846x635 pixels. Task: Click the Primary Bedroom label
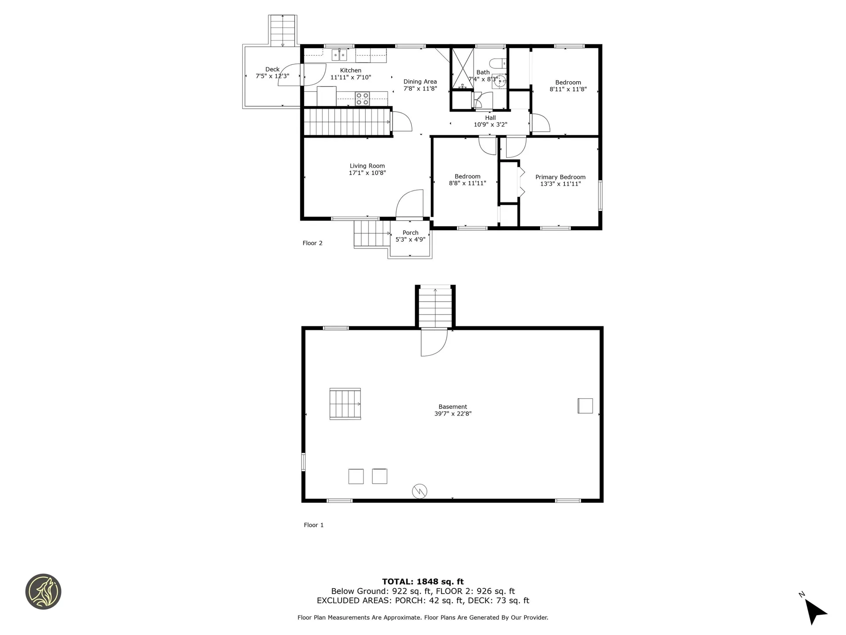(560, 177)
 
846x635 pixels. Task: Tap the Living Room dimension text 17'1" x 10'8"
(367, 173)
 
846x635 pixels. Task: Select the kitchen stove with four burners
(363, 99)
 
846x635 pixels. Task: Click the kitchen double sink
(339, 55)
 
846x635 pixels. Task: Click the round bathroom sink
(500, 81)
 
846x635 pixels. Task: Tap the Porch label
(411, 232)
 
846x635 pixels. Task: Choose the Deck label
(272, 69)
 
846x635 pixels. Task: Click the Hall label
(490, 118)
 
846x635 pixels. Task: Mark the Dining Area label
(420, 82)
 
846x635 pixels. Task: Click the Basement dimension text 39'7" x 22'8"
(453, 414)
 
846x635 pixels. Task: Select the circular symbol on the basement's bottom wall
(419, 491)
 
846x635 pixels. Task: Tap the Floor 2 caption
(312, 243)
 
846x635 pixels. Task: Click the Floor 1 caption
(314, 525)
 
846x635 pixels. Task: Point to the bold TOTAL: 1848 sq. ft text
(423, 582)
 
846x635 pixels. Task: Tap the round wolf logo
(43, 592)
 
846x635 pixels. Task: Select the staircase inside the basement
(345, 403)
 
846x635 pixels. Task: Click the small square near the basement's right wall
(585, 406)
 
